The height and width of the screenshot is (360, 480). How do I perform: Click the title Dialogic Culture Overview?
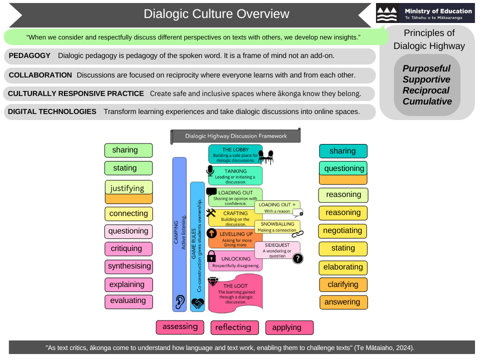(x=216, y=14)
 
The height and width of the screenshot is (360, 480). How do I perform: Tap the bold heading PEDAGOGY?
(x=30, y=55)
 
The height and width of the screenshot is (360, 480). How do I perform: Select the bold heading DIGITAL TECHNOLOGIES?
(x=52, y=111)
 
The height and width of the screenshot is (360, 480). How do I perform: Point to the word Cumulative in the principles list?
(x=427, y=101)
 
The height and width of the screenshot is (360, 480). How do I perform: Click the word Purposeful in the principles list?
(x=427, y=68)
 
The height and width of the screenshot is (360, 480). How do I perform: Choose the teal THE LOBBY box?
(x=235, y=154)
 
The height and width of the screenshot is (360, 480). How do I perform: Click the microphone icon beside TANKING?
(x=210, y=171)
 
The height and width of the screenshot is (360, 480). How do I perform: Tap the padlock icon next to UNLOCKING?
(x=211, y=256)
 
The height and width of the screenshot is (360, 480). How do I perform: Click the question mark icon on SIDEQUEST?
(x=297, y=258)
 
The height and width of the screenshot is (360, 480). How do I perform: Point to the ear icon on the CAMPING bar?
(x=179, y=301)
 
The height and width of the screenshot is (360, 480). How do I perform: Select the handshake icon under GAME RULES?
(x=197, y=303)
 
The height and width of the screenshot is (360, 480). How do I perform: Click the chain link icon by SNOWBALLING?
(x=297, y=233)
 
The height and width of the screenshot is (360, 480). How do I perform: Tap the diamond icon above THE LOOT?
(x=214, y=281)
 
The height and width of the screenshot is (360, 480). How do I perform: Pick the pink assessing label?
(x=180, y=327)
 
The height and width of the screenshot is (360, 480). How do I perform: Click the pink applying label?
(x=289, y=327)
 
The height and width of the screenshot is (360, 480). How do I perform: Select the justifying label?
(x=128, y=188)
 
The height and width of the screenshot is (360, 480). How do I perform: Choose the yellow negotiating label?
(x=343, y=230)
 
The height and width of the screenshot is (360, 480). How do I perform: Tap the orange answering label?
(x=343, y=302)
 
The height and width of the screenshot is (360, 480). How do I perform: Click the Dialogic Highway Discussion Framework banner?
(x=236, y=136)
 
